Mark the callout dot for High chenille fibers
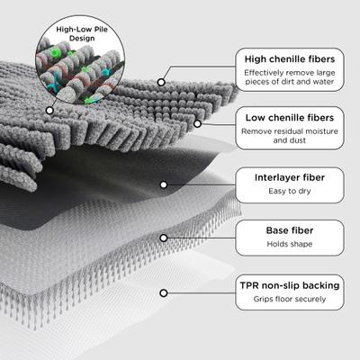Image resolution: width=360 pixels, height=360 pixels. point(162,82)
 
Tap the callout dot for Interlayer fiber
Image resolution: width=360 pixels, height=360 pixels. point(163,184)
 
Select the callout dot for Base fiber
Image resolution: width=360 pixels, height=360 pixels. point(163,238)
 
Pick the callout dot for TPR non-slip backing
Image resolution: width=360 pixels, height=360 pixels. point(163,292)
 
